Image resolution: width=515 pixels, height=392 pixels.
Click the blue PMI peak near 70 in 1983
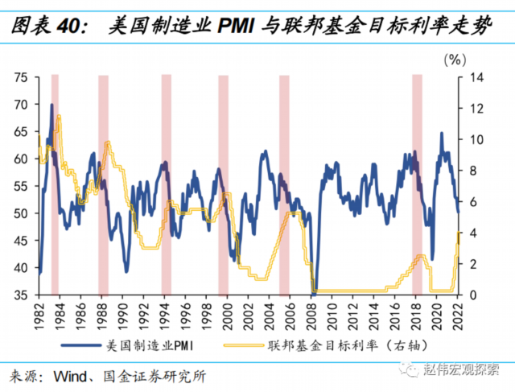(x=52, y=105)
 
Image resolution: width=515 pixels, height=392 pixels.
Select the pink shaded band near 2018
(x=417, y=185)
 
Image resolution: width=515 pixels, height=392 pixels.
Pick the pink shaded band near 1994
(x=167, y=185)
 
